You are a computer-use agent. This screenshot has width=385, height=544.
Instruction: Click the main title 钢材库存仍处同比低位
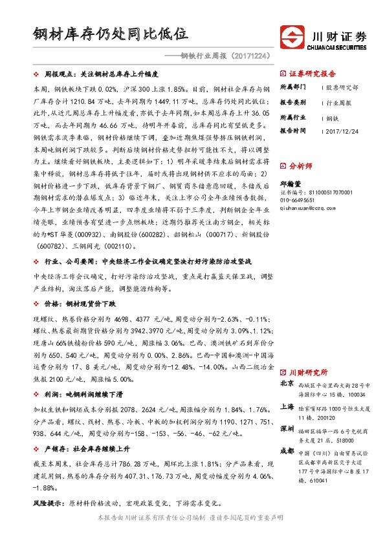(x=110, y=33)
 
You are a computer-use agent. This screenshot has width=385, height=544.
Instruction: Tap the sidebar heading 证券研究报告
(x=312, y=73)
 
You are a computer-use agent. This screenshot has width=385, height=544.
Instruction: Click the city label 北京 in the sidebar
(x=287, y=384)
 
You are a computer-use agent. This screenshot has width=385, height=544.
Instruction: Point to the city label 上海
(x=287, y=407)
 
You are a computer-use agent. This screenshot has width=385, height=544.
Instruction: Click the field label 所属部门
(x=292, y=87)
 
